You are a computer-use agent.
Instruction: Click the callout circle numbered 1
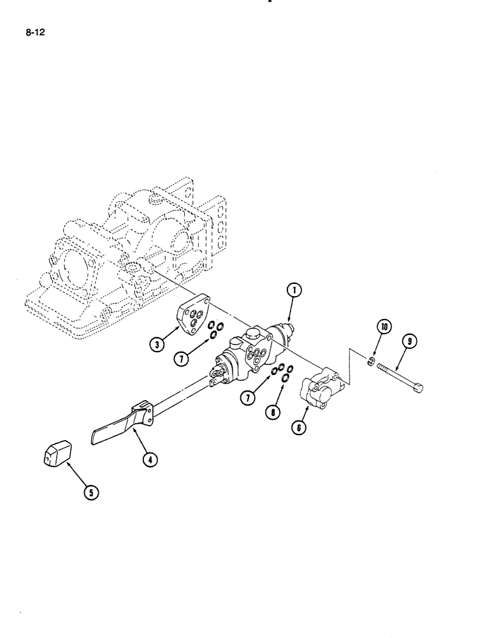point(294,291)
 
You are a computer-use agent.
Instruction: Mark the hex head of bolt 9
point(419,387)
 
